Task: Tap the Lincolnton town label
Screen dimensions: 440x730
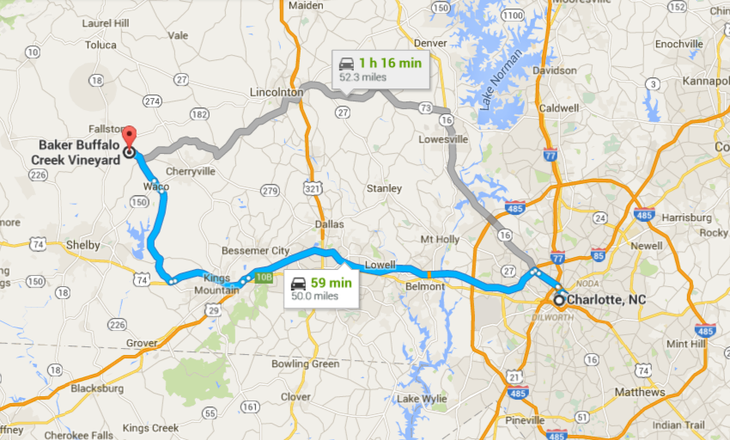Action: click(276, 92)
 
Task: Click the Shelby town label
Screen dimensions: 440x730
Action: click(83, 245)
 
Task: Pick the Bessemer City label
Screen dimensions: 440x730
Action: click(257, 250)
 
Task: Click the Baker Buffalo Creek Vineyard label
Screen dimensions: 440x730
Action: click(78, 152)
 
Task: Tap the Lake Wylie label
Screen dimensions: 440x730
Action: click(418, 400)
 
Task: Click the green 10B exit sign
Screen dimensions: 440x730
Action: click(265, 277)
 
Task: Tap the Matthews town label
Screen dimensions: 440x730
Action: click(639, 392)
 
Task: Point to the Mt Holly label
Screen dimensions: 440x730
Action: click(440, 239)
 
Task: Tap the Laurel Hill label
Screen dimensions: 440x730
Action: click(105, 22)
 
